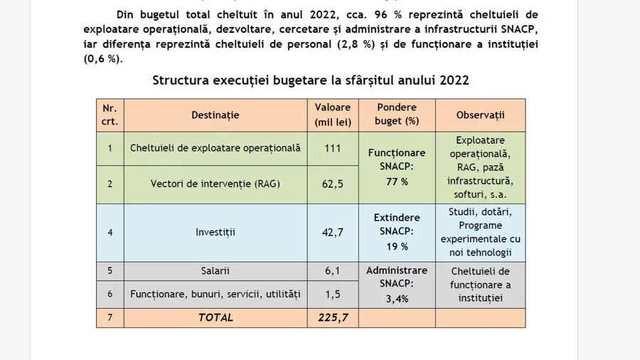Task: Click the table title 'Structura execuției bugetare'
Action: coord(311,80)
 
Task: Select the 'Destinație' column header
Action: coord(215,115)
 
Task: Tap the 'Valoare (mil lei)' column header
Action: coord(333,115)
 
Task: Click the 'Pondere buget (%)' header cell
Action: coord(397,115)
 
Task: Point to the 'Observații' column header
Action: coord(480,115)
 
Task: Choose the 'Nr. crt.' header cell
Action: coord(110,115)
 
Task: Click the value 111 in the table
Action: coord(333,148)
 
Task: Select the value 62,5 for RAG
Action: coord(333,184)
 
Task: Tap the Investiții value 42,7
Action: coord(333,232)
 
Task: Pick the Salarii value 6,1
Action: coord(333,270)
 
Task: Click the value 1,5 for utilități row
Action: coord(333,293)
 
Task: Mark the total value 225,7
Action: coord(333,317)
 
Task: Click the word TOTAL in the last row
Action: coord(215,317)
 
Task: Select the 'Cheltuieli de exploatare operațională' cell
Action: coord(215,148)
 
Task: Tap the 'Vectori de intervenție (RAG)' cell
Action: coord(215,184)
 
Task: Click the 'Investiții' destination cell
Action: coord(215,232)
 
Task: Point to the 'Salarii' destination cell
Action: coord(215,270)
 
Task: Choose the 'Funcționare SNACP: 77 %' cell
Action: coord(397,167)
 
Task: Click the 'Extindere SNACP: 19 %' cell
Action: coord(397,232)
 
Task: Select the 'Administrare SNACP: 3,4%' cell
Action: coord(397,285)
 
